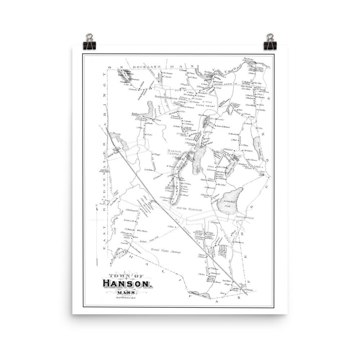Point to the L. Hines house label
[171, 226]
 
